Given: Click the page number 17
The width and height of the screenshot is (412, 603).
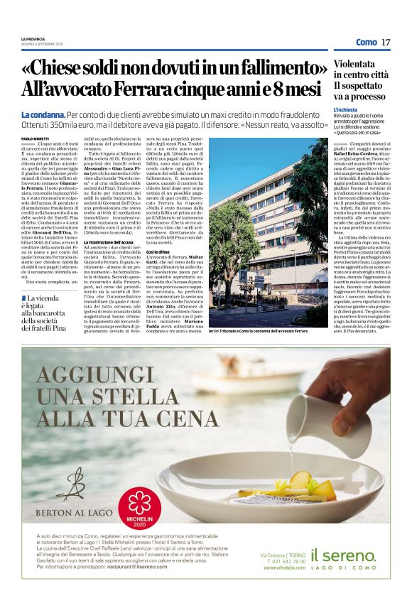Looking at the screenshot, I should (386, 43).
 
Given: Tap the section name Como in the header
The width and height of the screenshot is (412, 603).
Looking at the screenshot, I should (366, 43).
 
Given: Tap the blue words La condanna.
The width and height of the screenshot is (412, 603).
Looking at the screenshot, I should (44, 114).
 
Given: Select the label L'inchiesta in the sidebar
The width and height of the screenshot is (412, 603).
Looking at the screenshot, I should (348, 111).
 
